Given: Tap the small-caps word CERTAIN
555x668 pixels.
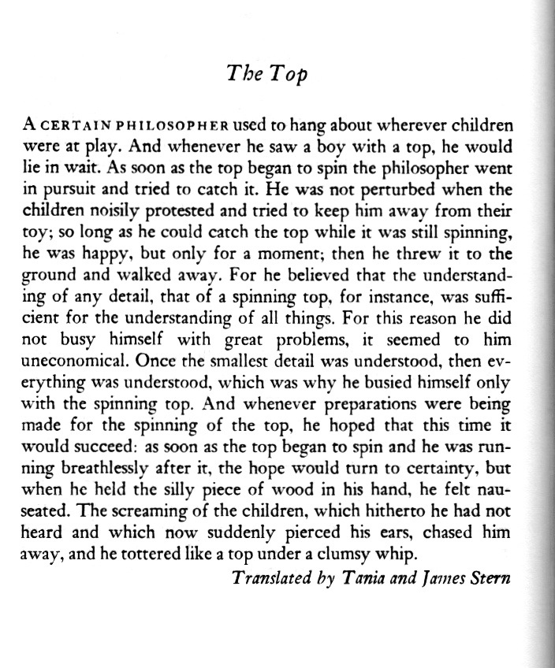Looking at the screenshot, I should [x=75, y=126].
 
